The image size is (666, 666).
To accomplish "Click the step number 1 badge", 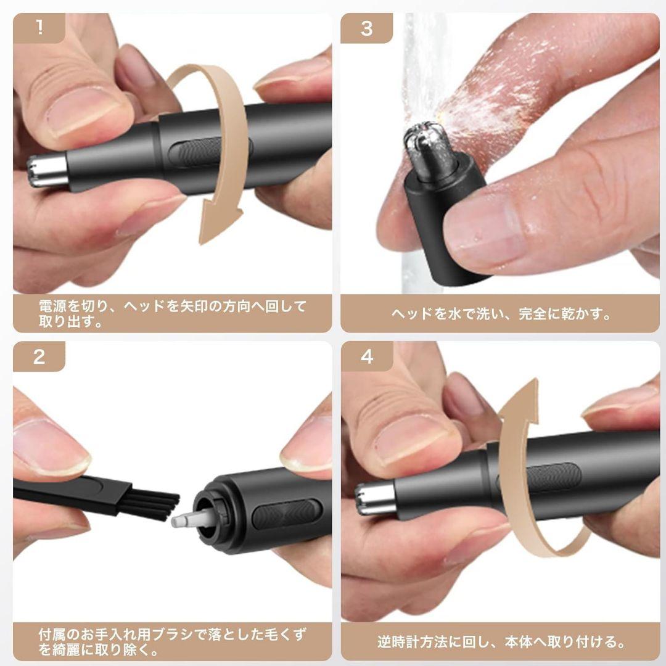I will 39,28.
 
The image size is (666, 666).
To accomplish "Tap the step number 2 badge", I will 39,356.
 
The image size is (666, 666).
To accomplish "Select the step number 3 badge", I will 366,28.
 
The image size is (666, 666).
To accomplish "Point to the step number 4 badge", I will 366,356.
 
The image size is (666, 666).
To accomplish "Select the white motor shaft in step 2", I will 188,520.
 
